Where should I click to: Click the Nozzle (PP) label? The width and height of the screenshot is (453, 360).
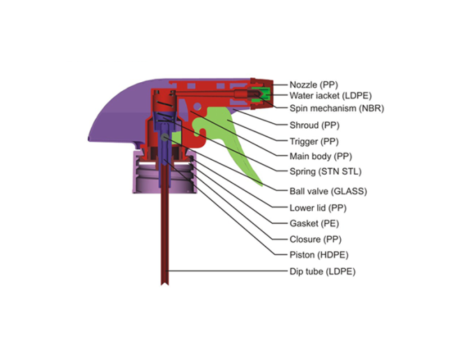point(314,85)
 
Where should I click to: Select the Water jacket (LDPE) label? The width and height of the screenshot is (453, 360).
point(330,95)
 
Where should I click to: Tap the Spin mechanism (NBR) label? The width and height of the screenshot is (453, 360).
point(337,108)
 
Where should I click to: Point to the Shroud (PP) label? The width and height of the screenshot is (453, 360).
point(314,125)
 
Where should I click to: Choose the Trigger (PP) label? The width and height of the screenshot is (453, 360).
point(314,141)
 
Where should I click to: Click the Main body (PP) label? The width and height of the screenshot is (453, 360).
point(321,157)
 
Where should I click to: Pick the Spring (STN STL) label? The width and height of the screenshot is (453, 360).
point(325,171)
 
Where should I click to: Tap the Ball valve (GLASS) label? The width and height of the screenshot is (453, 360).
point(328,191)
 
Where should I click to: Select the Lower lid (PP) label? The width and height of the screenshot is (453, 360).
point(318,208)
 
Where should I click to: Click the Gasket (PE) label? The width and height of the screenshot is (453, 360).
point(314,224)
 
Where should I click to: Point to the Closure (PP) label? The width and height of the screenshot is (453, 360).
point(316,240)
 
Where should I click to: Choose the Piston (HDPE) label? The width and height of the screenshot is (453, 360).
point(319,255)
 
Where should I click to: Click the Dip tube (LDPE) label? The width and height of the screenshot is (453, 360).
point(323,272)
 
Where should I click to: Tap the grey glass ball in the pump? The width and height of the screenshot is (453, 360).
point(164,137)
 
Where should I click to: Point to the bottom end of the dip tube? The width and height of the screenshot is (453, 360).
point(164,284)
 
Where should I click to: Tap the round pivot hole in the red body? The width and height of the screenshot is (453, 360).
point(198,107)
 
